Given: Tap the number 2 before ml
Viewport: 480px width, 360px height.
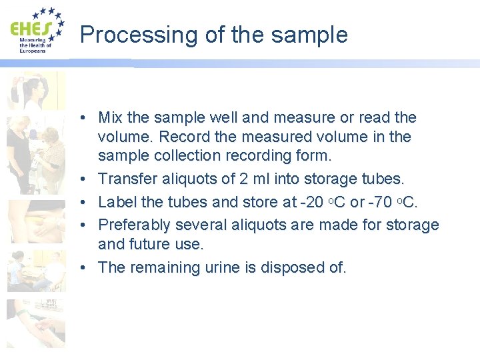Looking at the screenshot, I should pyautogui.click(x=251, y=179).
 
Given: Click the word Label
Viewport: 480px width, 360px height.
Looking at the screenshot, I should pyautogui.click(x=116, y=202).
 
